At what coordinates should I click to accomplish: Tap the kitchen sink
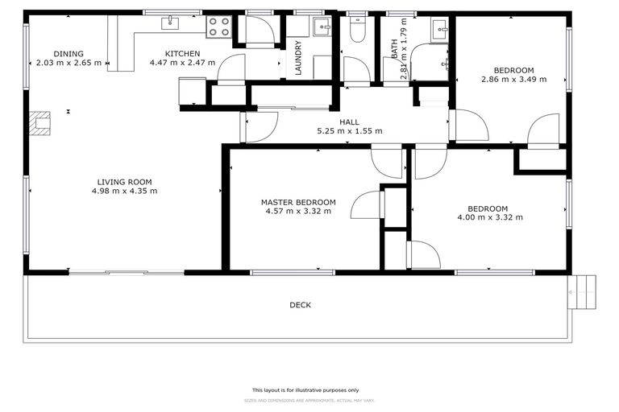(x=172, y=23)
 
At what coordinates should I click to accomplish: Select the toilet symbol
(x=358, y=28)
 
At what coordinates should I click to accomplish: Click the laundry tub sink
(x=322, y=28)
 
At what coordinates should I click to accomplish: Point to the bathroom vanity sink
(x=442, y=30)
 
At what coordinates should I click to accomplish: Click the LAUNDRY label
(x=297, y=58)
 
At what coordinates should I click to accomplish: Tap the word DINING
(x=69, y=53)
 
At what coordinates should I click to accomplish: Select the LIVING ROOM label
(x=124, y=182)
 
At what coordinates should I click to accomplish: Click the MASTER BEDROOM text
(x=297, y=202)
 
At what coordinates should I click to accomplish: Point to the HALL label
(x=349, y=122)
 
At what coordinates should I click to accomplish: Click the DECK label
(x=300, y=305)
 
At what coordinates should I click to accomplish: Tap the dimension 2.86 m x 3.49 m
(x=513, y=80)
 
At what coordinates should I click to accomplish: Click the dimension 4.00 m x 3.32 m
(x=490, y=217)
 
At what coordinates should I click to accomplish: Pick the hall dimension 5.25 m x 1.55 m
(x=349, y=131)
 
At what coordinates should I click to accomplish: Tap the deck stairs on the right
(x=582, y=292)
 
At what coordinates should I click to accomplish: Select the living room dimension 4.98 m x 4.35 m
(x=124, y=192)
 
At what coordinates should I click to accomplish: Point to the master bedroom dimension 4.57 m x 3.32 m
(x=297, y=212)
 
